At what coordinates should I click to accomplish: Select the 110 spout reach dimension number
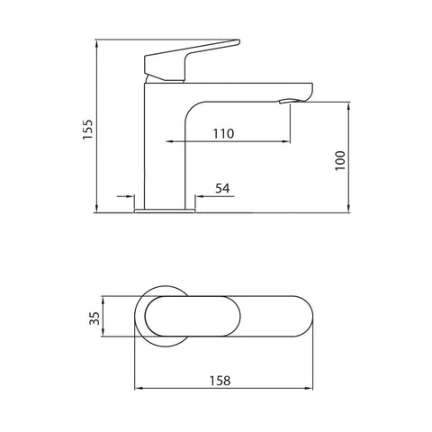pos(223,134)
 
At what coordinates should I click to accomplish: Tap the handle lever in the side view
pos(193,53)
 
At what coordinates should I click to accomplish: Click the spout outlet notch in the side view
pos(286,101)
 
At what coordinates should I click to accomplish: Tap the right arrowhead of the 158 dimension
pos(313,389)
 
